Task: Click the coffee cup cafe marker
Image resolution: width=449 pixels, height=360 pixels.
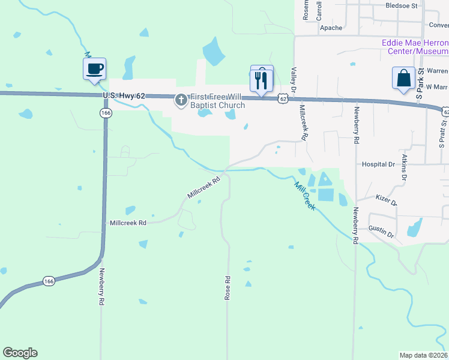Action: [x=94, y=68]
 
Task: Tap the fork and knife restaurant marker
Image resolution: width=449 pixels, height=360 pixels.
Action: [x=261, y=80]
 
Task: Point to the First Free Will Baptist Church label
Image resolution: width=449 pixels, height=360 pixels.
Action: [x=218, y=101]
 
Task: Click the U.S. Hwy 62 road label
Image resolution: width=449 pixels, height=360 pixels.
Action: [x=124, y=95]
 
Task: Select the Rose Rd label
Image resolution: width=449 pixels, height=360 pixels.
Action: [x=228, y=288]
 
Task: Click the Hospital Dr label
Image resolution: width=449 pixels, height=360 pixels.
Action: [x=378, y=164]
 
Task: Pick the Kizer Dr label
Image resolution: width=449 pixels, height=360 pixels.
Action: [x=386, y=200]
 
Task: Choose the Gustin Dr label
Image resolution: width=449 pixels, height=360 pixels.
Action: [x=381, y=232]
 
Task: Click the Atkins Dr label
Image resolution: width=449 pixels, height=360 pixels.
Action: [x=405, y=167]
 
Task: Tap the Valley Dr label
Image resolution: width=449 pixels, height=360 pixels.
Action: [x=294, y=79]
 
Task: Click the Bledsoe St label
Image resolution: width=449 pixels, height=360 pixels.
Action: [x=402, y=5]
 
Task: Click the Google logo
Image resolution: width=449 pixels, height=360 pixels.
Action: [x=20, y=353]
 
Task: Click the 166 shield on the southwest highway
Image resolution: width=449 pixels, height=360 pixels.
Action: [x=50, y=281]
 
